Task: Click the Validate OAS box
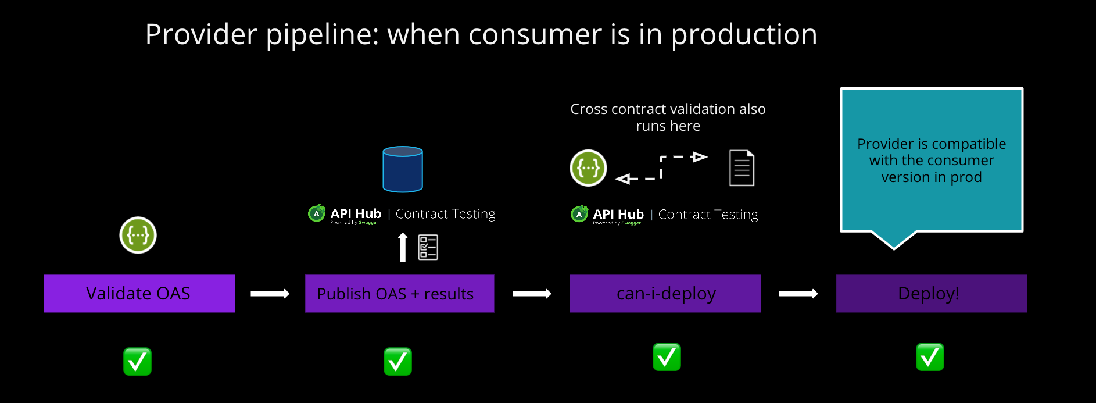139,294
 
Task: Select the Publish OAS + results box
399,294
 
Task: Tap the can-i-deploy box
665,294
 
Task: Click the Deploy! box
931,294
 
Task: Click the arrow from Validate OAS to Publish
270,294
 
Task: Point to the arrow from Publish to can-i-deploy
531,294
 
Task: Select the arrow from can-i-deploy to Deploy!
798,294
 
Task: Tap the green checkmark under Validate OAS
138,362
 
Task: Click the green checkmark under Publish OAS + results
398,362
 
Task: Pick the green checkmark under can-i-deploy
667,357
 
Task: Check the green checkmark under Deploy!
930,357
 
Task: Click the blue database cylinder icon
403,169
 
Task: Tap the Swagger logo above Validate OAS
138,236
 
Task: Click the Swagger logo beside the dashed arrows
588,168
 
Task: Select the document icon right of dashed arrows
742,168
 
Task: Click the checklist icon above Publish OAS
428,247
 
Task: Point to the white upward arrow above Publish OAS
403,247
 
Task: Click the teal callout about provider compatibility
931,161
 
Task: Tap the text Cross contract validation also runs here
668,117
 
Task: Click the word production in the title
744,35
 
